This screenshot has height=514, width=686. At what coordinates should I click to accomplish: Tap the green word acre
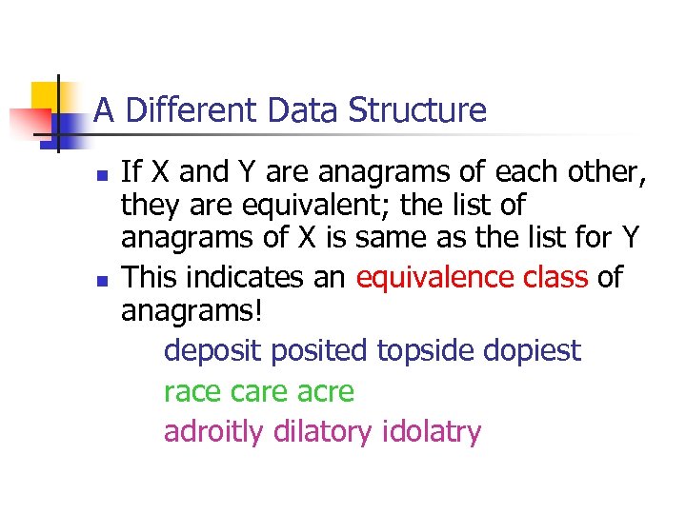[324, 392]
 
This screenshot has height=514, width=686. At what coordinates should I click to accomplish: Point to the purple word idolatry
[432, 432]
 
